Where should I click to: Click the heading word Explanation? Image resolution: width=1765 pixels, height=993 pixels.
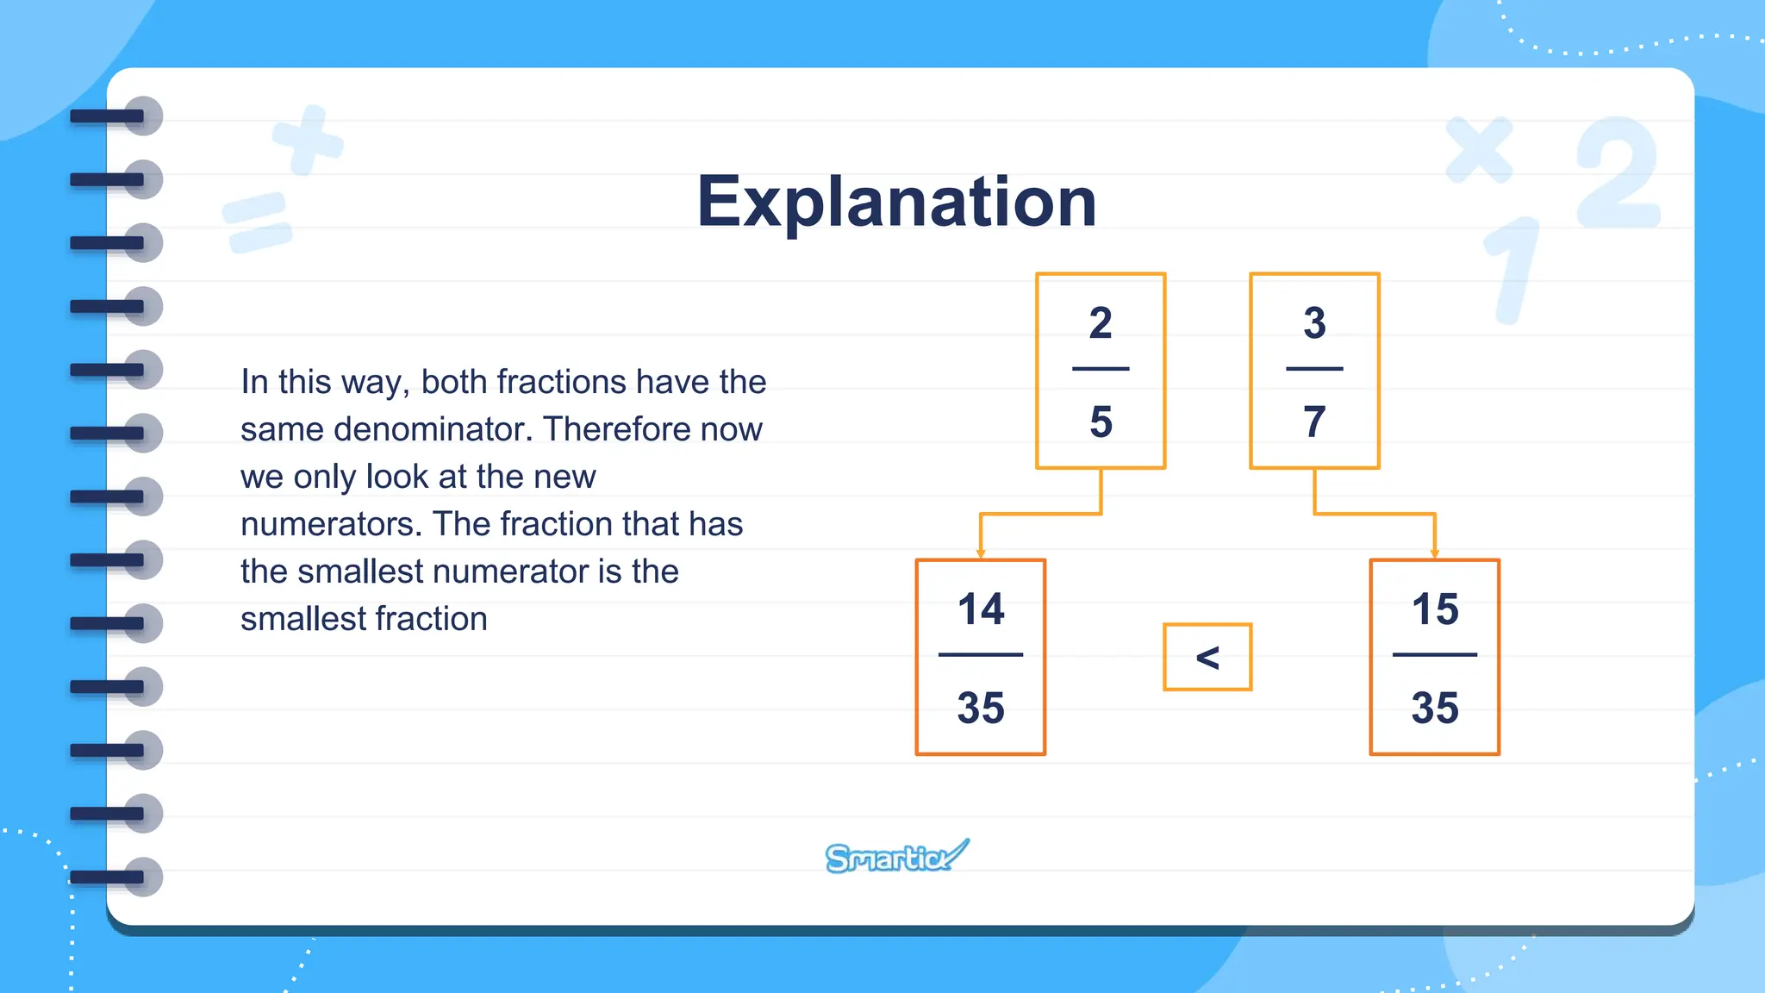point(896,202)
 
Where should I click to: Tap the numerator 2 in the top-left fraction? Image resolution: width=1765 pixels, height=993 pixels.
point(1101,323)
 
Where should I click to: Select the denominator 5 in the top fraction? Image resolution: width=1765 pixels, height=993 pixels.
point(1101,422)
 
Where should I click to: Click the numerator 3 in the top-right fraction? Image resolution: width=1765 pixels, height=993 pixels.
point(1314,323)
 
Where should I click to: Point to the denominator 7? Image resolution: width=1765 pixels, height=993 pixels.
point(1314,422)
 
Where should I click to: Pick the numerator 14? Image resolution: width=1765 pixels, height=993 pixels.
point(981,609)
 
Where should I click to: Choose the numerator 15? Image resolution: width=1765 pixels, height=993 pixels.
point(1435,609)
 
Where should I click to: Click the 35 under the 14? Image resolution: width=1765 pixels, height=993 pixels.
point(981,708)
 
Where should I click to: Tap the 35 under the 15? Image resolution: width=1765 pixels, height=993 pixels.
point(1435,708)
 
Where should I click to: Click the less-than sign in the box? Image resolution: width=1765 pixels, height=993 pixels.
point(1207,658)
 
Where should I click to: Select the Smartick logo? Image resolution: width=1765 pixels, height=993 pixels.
point(896,857)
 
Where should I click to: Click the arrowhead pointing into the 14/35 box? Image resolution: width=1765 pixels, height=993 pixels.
point(981,553)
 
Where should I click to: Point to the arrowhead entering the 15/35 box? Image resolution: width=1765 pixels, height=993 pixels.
point(1435,553)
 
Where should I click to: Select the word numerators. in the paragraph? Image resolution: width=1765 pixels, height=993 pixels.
point(331,524)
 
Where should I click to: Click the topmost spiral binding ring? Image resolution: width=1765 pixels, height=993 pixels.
point(121,116)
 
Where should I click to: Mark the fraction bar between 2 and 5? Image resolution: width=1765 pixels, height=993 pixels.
point(1101,369)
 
